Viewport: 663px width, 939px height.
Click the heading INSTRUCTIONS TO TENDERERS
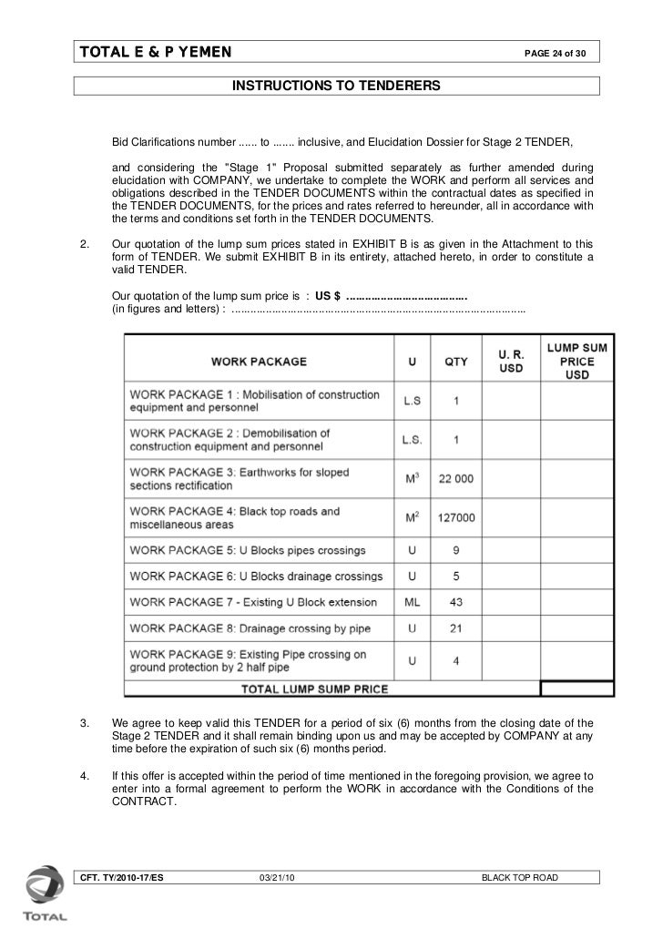coord(336,86)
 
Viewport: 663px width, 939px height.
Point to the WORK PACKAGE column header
coord(259,362)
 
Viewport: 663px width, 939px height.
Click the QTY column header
coord(455,362)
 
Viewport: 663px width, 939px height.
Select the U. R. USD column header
coord(511,362)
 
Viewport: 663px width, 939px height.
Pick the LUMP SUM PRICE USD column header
coord(576,362)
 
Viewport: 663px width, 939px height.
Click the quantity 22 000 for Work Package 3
coord(455,479)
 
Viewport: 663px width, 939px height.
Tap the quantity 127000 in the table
coord(455,517)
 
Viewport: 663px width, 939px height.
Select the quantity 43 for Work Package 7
coord(455,602)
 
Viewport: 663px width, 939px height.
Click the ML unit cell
coord(412,602)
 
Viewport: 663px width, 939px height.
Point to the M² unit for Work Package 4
coord(412,517)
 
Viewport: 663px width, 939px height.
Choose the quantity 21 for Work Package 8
coord(455,628)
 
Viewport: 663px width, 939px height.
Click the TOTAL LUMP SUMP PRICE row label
coord(314,689)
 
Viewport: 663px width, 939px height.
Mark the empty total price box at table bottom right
coord(576,689)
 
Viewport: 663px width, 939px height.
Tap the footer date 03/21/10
coord(277,877)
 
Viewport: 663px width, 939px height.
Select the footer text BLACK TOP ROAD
coord(519,877)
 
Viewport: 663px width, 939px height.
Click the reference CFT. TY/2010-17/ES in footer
coord(121,877)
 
